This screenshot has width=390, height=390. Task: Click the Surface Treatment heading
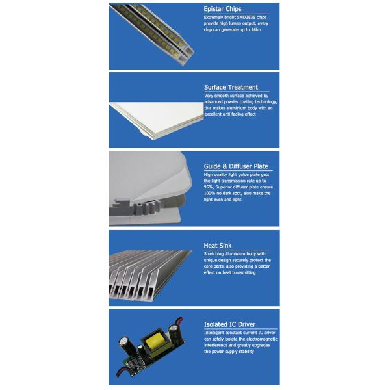231,87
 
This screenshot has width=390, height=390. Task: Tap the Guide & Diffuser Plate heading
236,166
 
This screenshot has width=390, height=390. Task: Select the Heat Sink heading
216,246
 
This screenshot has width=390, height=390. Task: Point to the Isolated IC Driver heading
229,324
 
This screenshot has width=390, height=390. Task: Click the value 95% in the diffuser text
209,187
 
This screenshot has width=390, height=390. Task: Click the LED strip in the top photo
149,29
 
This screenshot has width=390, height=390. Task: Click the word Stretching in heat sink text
215,253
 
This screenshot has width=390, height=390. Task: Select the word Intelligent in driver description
216,332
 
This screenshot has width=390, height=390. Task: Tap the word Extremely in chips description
215,17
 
